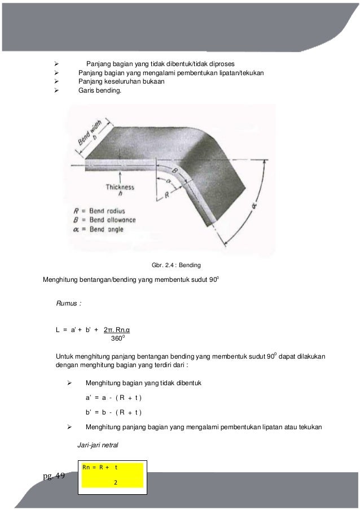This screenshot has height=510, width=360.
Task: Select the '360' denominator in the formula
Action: click(x=116, y=339)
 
